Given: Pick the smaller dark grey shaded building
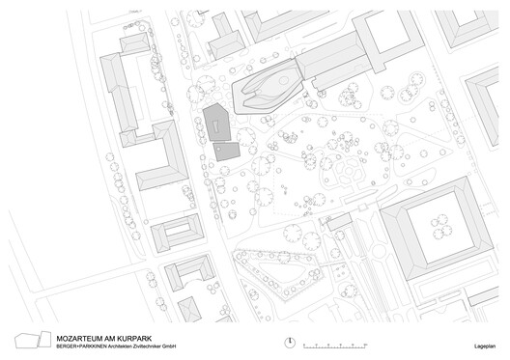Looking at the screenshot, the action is (x=228, y=152).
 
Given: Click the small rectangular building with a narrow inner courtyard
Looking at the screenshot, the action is (x=178, y=233).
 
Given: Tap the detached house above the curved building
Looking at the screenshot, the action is (x=228, y=42).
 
